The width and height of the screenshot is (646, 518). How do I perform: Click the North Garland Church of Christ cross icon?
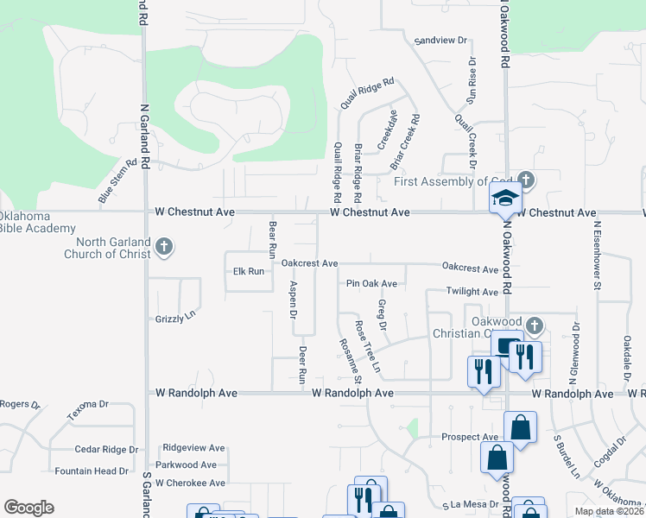pyautogui.click(x=163, y=249)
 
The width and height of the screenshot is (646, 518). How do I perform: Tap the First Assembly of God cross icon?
pyautogui.click(x=527, y=181)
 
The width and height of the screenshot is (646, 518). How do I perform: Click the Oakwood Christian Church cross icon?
pyautogui.click(x=535, y=326)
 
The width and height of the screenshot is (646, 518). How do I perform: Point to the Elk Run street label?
pyautogui.click(x=249, y=271)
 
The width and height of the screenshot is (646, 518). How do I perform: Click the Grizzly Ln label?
pyautogui.click(x=176, y=319)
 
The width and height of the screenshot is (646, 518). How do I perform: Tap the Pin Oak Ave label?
pyautogui.click(x=371, y=283)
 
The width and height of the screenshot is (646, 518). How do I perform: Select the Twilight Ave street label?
pyautogui.click(x=472, y=292)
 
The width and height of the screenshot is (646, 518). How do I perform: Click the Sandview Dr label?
pyautogui.click(x=440, y=41)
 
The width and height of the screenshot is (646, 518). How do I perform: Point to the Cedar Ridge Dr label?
pyautogui.click(x=107, y=450)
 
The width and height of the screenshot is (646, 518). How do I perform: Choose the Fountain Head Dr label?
pyautogui.click(x=92, y=471)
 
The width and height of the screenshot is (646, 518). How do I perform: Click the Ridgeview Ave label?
pyautogui.click(x=193, y=448)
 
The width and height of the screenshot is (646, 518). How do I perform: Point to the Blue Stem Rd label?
pyautogui.click(x=118, y=181)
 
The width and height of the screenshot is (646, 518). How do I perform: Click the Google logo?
pyautogui.click(x=28, y=508)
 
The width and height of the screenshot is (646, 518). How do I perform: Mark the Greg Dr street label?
pyautogui.click(x=382, y=315)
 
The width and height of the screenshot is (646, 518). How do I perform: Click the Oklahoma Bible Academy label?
pyautogui.click(x=36, y=222)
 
